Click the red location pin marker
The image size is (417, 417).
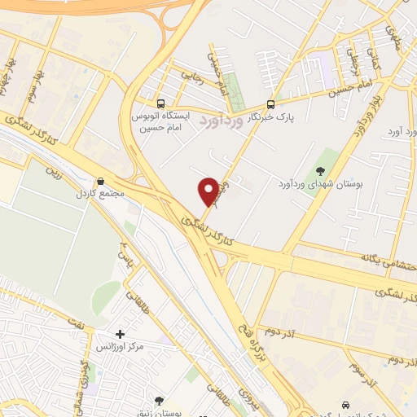point(208,191)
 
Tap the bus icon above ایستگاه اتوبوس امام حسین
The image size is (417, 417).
point(160,104)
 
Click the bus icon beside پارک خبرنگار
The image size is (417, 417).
point(271,103)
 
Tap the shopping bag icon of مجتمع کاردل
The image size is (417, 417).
point(100,181)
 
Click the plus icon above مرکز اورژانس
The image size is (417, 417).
point(121,334)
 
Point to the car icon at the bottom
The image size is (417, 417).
point(347,405)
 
